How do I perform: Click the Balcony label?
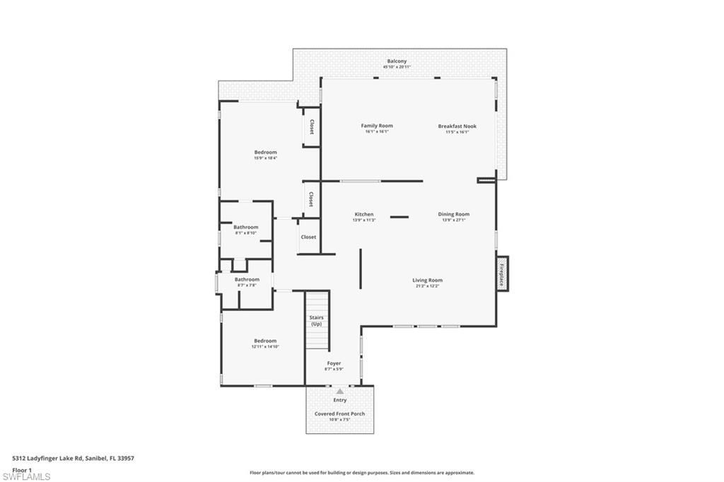coord(397,61)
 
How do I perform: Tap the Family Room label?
coord(377,126)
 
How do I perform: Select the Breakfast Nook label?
coord(457,127)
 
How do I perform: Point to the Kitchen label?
coord(363,214)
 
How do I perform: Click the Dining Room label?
coord(454,214)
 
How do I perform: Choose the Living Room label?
coord(427,280)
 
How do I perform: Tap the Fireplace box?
coord(502,272)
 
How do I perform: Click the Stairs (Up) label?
coord(316,321)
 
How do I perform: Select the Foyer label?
coord(334,363)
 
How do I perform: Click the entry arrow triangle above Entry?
coord(340,391)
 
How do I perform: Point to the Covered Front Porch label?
coord(339,413)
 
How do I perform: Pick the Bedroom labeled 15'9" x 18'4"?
coord(266,152)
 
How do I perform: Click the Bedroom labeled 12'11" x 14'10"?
coord(265,341)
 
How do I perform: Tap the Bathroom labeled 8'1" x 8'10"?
coord(246,227)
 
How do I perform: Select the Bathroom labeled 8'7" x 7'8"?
coord(247,279)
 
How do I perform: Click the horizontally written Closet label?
coord(308,237)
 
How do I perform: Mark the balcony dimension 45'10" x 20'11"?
coord(397,67)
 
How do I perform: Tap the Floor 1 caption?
coord(22,469)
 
